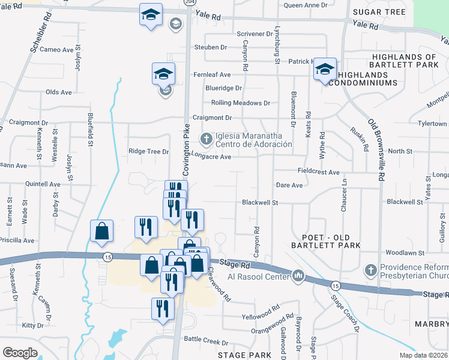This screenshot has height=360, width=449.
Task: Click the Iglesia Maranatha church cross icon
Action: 206,139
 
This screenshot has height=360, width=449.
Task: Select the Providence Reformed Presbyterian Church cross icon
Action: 372,269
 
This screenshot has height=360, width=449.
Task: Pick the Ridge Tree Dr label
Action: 148,152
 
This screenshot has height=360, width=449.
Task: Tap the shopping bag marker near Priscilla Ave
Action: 101,232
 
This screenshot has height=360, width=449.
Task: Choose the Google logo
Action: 20,353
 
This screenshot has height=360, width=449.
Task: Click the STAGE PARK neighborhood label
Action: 244,355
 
